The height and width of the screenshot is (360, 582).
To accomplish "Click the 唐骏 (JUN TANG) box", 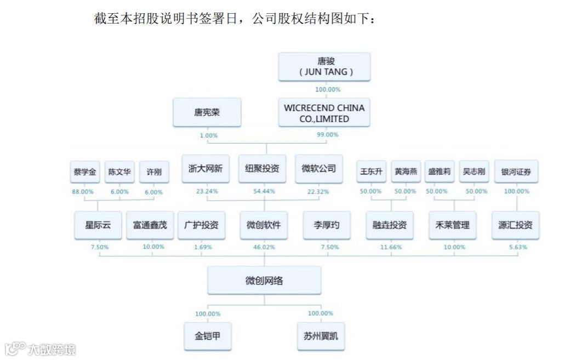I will (x=324, y=67).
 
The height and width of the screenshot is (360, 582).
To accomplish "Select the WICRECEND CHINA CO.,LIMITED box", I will (x=324, y=113).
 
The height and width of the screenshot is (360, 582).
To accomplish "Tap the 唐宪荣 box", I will (x=206, y=113).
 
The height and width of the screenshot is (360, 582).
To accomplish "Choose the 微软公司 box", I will (x=319, y=169).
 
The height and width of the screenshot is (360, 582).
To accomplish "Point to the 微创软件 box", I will (x=264, y=225).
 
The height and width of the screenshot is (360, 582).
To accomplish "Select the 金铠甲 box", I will (x=208, y=335).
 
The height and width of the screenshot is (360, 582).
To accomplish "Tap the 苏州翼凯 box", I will (x=321, y=335).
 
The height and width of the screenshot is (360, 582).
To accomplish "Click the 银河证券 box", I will (x=516, y=172).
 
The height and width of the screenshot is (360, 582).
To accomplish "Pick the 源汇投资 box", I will (x=516, y=225).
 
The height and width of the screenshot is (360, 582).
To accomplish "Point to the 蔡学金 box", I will (x=84, y=172).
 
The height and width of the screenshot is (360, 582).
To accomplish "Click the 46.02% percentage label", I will (x=264, y=248).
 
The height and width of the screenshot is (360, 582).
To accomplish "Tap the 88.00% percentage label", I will (x=83, y=192).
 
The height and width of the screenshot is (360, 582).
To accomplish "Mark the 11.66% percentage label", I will (x=391, y=248).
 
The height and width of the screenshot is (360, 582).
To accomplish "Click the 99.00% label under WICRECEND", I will (x=328, y=135).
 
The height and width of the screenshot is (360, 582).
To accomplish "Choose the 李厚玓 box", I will (x=327, y=225).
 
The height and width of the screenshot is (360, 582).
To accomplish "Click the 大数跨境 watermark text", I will (x=52, y=349).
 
